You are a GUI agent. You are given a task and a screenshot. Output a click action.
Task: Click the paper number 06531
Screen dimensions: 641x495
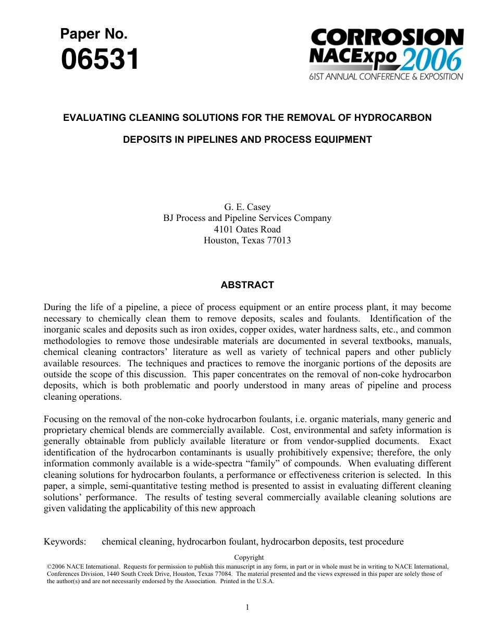(100, 59)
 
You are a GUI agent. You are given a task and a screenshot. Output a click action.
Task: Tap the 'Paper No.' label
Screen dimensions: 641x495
(94, 34)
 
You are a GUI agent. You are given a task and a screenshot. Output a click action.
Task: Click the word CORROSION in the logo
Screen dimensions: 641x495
(387, 38)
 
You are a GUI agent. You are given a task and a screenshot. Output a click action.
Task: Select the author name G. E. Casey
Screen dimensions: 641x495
(247, 207)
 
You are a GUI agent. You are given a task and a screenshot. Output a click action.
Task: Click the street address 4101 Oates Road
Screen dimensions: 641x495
(247, 229)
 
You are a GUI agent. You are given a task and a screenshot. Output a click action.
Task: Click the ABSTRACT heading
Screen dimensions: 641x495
(247, 285)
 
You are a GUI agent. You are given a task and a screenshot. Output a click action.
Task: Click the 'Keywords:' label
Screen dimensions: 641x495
(65, 541)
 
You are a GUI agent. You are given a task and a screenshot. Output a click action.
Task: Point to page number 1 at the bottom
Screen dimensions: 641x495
(247, 607)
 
